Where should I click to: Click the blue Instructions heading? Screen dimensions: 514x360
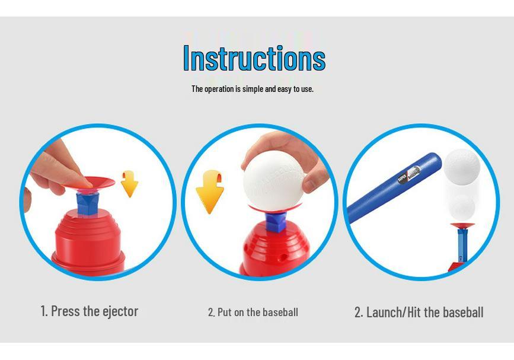[254, 58]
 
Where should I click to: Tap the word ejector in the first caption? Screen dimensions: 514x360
[120, 311]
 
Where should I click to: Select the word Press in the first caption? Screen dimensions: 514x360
[66, 311]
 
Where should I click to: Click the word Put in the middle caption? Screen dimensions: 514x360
[225, 312]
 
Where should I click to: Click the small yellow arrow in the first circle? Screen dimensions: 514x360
[129, 184]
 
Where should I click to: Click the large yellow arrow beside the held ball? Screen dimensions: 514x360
[210, 192]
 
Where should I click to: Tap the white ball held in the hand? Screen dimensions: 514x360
[274, 181]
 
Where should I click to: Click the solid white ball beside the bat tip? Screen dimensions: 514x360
[462, 167]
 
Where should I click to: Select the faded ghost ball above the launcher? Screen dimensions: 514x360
[462, 207]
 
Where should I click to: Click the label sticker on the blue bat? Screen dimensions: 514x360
[409, 175]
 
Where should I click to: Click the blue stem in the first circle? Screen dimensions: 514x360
[88, 203]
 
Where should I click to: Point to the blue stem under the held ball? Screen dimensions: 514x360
[276, 222]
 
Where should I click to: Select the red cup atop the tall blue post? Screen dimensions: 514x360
[462, 226]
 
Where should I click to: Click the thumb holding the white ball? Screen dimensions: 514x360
[312, 182]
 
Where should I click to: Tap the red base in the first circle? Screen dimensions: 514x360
[88, 243]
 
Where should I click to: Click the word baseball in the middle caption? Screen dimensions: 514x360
[280, 312]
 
